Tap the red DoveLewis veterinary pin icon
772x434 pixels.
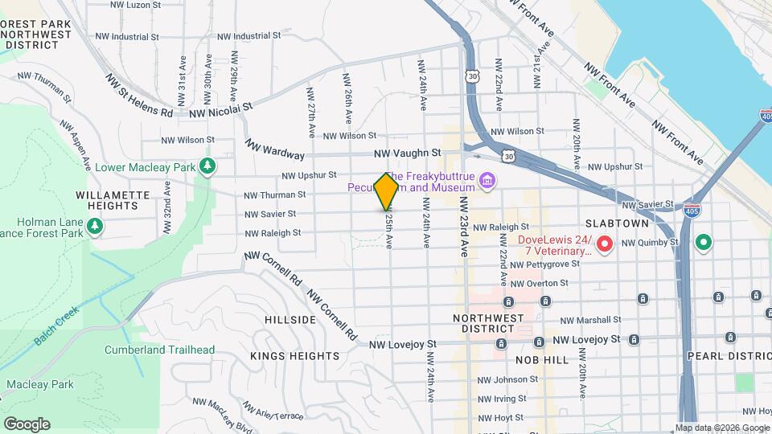(604, 242)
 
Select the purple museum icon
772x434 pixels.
(487, 182)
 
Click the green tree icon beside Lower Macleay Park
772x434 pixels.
(208, 166)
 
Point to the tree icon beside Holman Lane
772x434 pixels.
(95, 227)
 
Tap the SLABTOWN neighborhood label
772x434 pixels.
(636, 222)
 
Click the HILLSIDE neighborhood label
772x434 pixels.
(290, 320)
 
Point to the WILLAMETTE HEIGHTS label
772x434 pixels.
(113, 200)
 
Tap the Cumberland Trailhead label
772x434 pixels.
(159, 350)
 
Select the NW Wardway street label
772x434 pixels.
(275, 149)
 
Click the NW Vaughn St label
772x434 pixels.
(408, 153)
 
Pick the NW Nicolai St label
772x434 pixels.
(220, 109)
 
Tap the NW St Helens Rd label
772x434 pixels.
(139, 96)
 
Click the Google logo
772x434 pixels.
(27, 424)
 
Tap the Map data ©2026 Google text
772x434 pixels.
(721, 428)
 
